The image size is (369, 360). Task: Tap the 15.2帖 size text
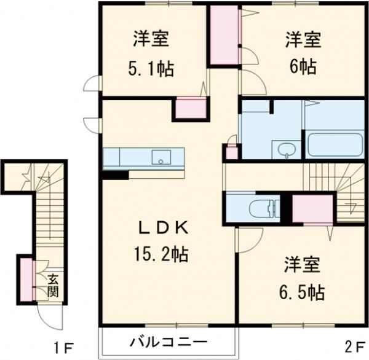click(159, 252)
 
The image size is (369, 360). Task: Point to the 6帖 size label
click(302, 66)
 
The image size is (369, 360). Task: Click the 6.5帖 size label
click(301, 291)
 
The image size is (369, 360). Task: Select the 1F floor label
click(63, 348)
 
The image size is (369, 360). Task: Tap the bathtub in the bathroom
click(334, 145)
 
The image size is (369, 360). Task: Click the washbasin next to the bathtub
click(287, 148)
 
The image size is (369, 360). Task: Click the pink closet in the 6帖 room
click(224, 35)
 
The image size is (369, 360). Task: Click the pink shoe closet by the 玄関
click(26, 280)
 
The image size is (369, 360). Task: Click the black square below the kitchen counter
click(114, 174)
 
